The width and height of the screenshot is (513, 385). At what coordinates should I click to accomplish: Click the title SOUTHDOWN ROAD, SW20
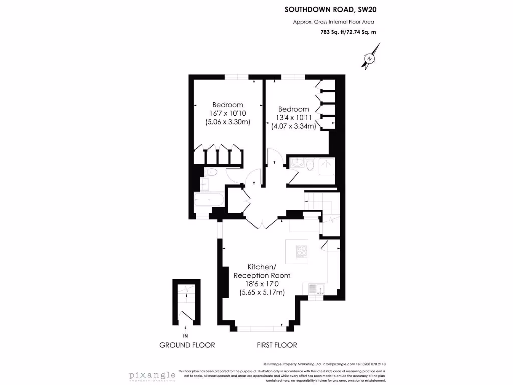click(329, 9)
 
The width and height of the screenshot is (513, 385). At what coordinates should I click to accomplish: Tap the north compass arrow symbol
click(370, 57)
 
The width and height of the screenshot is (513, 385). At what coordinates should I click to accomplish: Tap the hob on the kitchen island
click(302, 251)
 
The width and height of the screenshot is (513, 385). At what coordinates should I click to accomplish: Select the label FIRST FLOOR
click(277, 345)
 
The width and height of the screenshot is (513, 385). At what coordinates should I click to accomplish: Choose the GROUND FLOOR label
click(187, 345)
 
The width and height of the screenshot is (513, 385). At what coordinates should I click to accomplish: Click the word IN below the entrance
click(186, 335)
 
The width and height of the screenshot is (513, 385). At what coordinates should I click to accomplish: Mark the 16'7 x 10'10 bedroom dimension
click(228, 113)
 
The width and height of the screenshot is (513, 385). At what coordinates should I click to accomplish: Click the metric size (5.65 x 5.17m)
click(262, 292)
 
